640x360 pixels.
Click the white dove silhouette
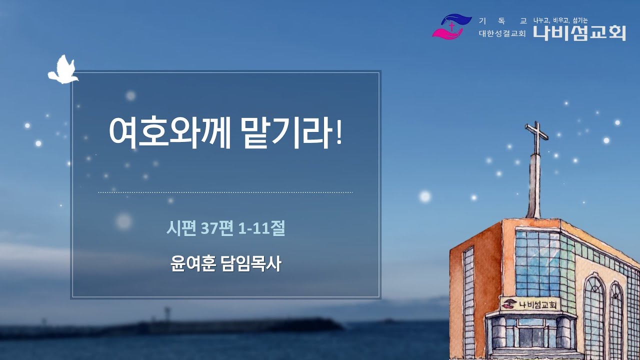62,70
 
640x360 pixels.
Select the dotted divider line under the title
225,192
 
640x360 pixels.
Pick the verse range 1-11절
262,228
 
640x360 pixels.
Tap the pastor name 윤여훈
192,264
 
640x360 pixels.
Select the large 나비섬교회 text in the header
579,32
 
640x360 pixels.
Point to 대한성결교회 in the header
502,34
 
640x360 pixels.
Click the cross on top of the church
535,137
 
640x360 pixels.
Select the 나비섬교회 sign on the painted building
531,303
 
